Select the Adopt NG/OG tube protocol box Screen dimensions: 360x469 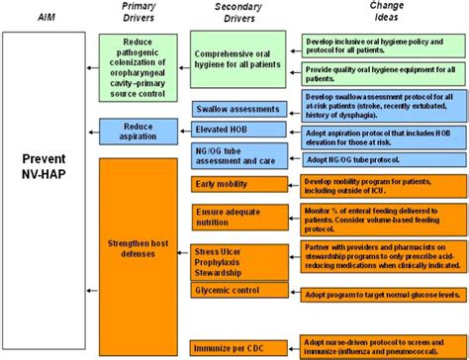click(375, 159)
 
